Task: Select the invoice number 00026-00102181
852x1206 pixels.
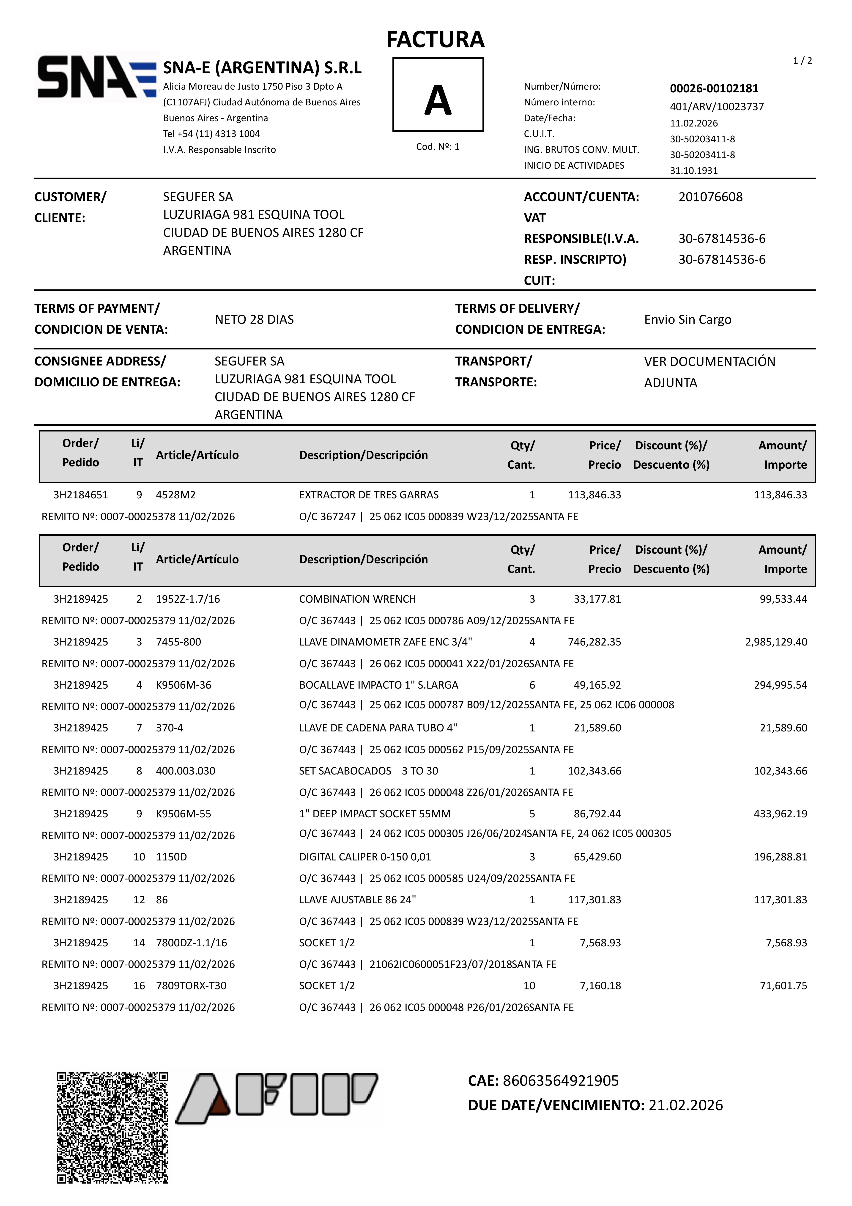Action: [x=714, y=88]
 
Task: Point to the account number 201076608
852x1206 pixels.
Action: [x=710, y=197]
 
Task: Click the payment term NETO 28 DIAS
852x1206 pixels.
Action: [x=254, y=319]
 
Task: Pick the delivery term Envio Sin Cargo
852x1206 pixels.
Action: [x=688, y=319]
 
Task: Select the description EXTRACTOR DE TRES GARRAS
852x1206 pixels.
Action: [x=369, y=495]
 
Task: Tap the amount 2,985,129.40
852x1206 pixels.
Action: [x=776, y=642]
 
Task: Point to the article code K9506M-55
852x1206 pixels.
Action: [x=183, y=814]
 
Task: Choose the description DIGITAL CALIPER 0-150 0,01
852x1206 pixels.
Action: [x=365, y=857]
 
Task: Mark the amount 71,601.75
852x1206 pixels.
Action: [x=783, y=985]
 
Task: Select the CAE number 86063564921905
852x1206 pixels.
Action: [x=560, y=1080]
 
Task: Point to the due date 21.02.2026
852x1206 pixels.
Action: [x=685, y=1105]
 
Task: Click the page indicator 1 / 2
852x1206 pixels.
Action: [x=802, y=61]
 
